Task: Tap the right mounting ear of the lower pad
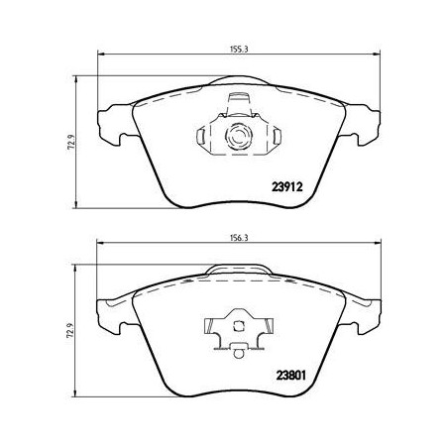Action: coord(364,314)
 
